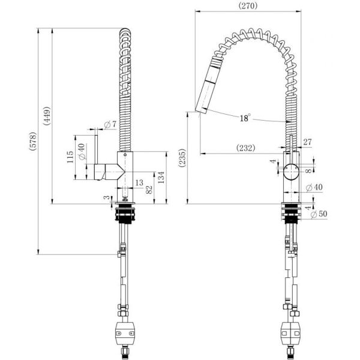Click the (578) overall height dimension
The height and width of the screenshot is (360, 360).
(x=33, y=141)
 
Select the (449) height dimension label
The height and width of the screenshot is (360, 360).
(x=47, y=116)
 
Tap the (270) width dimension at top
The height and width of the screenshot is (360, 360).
(x=248, y=5)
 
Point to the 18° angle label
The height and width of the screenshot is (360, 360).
(x=245, y=118)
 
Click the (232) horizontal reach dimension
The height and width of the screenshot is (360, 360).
(x=245, y=148)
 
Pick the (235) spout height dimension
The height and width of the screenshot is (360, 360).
(x=182, y=158)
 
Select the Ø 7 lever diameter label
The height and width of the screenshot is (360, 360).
(x=110, y=125)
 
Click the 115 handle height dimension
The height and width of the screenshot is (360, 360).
(x=70, y=157)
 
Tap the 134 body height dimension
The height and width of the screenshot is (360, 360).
(x=161, y=177)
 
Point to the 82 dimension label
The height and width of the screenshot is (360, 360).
(x=149, y=190)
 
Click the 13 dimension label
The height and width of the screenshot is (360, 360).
(x=139, y=183)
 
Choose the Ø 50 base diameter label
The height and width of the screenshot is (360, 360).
(x=319, y=214)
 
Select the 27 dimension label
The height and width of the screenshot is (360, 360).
(x=307, y=142)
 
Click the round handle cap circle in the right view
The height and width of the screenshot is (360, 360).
(x=291, y=172)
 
